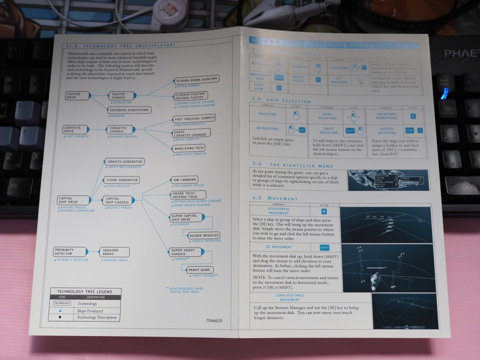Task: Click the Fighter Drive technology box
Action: [x=75, y=95]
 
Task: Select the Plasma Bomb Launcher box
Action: [x=197, y=80]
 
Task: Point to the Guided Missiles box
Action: [x=203, y=235]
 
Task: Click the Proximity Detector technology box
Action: [x=70, y=251]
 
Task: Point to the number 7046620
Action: [x=213, y=321]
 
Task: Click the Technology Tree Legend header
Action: [x=85, y=291]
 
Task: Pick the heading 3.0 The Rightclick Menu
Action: [x=296, y=165]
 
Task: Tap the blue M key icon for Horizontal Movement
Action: [x=324, y=211]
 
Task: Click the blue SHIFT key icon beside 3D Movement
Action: [x=324, y=247]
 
